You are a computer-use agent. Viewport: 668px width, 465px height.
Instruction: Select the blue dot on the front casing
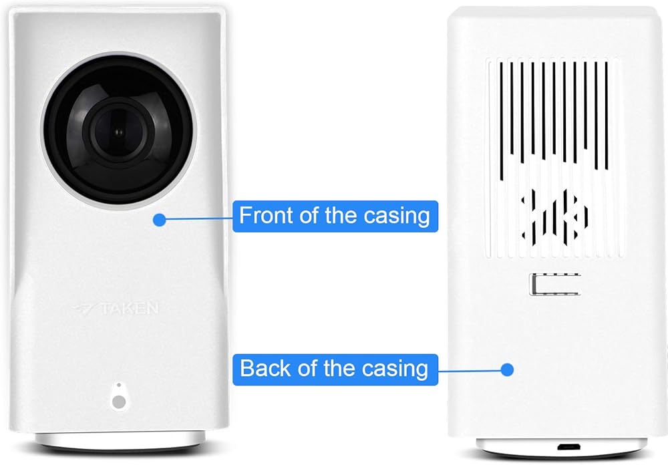[158, 218]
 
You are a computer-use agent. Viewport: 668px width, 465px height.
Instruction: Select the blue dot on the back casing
[507, 369]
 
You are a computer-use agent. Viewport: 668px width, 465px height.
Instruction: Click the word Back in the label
[261, 369]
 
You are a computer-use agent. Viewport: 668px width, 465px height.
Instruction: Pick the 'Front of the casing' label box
[335, 216]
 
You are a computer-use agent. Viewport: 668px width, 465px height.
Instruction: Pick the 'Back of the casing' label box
[335, 369]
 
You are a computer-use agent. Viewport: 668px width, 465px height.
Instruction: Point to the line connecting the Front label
[197, 218]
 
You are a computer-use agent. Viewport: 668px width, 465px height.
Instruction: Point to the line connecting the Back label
[471, 369]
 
